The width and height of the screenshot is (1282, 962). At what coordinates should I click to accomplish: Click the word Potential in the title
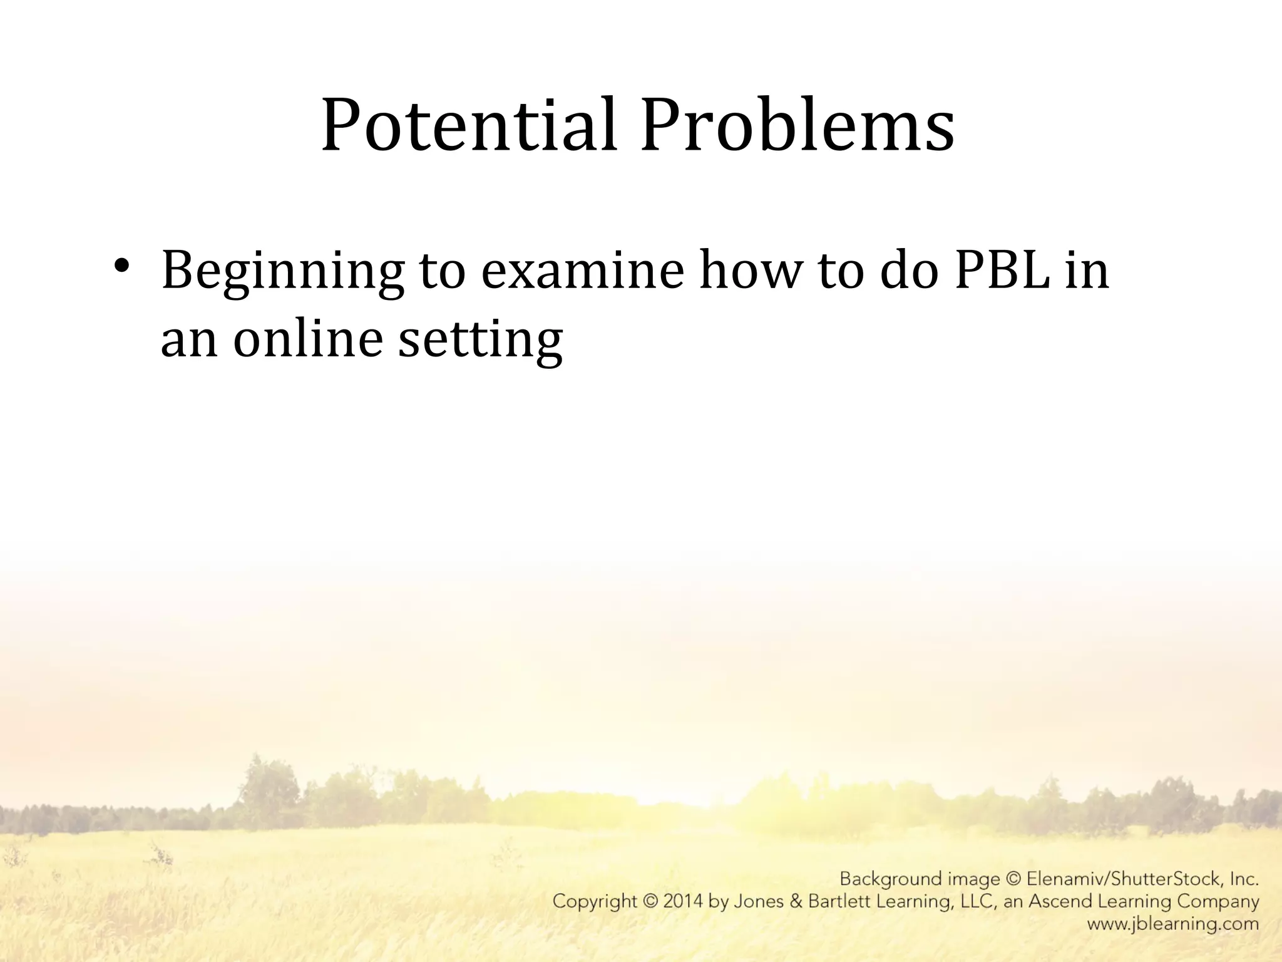coord(469,125)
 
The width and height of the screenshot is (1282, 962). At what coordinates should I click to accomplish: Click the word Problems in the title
coord(797,125)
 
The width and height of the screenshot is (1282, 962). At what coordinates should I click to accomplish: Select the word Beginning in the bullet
coord(282,271)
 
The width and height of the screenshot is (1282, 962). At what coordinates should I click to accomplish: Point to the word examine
coord(582,271)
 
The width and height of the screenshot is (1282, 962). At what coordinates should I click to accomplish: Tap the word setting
coord(480,339)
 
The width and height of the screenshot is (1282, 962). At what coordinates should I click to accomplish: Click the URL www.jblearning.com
coord(1172,924)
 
